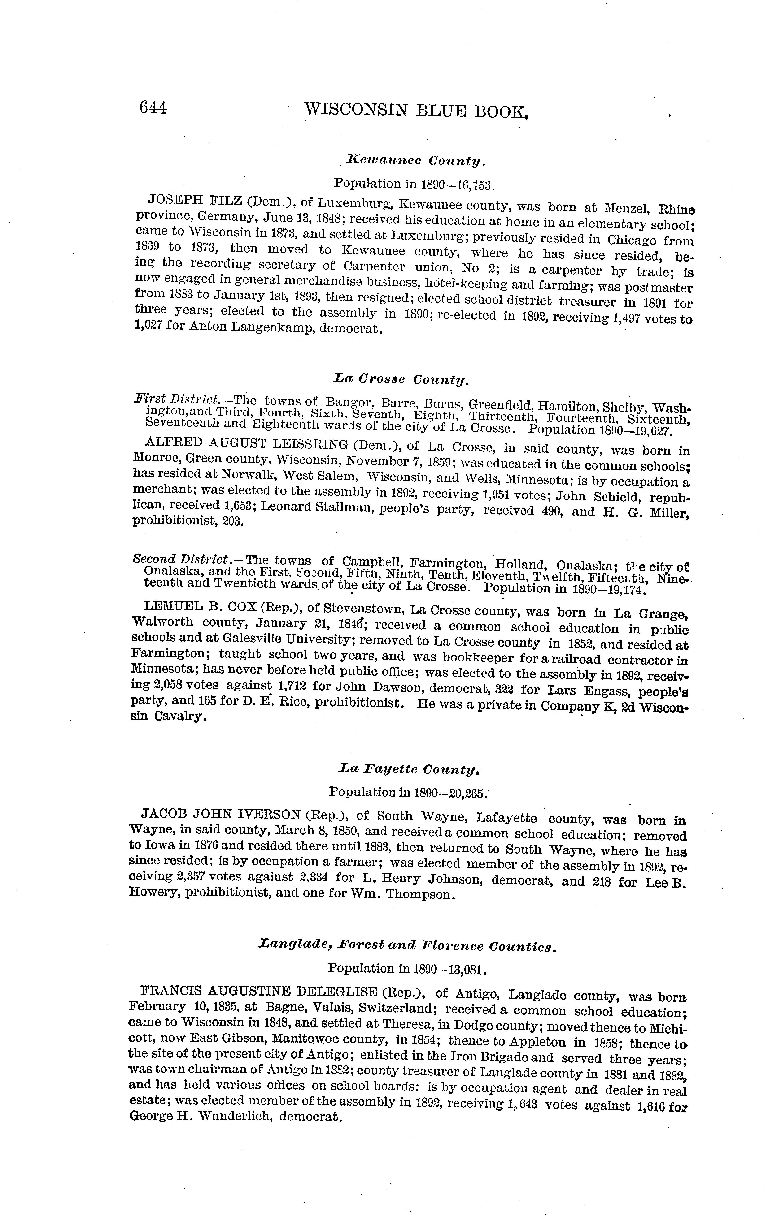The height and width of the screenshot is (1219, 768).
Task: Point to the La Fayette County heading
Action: point(408,770)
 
